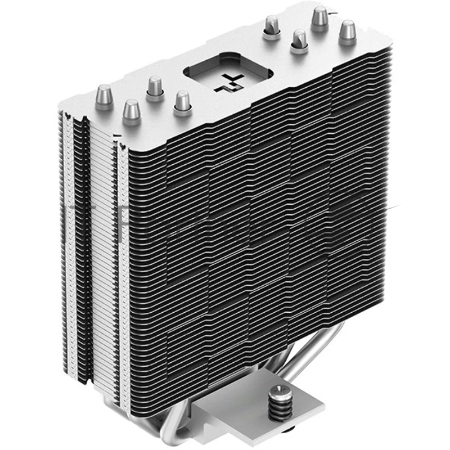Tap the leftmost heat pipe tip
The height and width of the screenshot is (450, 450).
point(105,94)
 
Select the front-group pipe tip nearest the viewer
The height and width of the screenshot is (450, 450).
point(132,110)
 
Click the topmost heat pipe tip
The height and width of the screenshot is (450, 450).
point(320,16)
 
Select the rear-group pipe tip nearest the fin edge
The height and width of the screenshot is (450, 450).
point(299,40)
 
